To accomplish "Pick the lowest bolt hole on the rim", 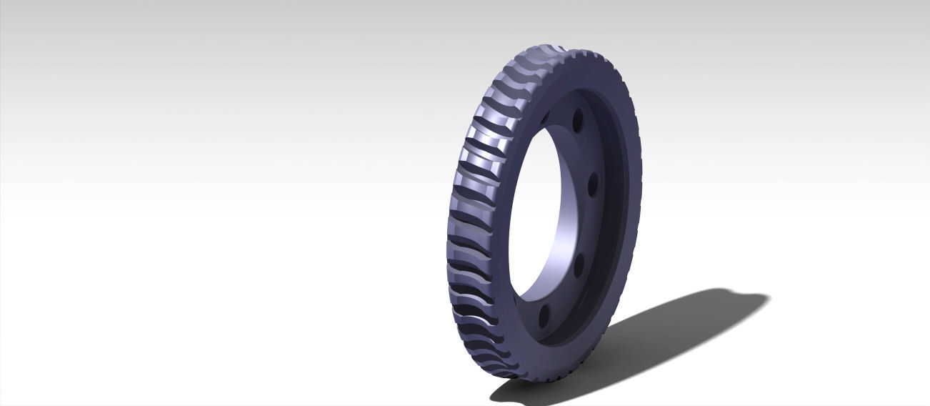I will [545, 312].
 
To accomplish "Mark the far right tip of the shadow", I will [770, 298].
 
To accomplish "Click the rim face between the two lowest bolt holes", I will [564, 289].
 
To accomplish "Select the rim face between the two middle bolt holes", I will [590, 226].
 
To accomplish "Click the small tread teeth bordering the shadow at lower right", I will [571, 365].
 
